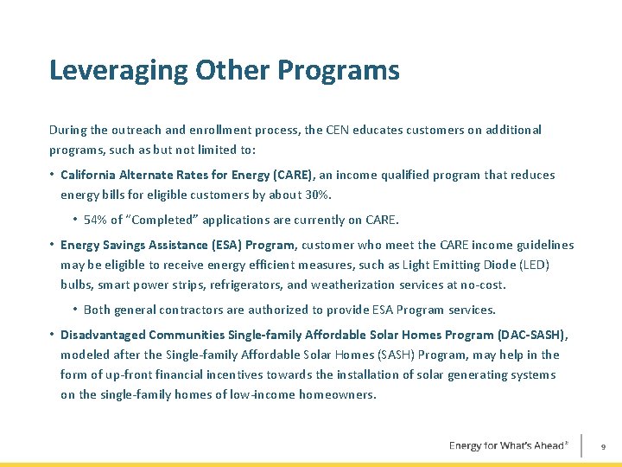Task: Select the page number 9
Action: pos(603,446)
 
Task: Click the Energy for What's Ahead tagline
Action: pos(508,445)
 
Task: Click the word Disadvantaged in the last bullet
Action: pos(103,335)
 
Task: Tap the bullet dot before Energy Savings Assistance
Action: pos(53,245)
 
